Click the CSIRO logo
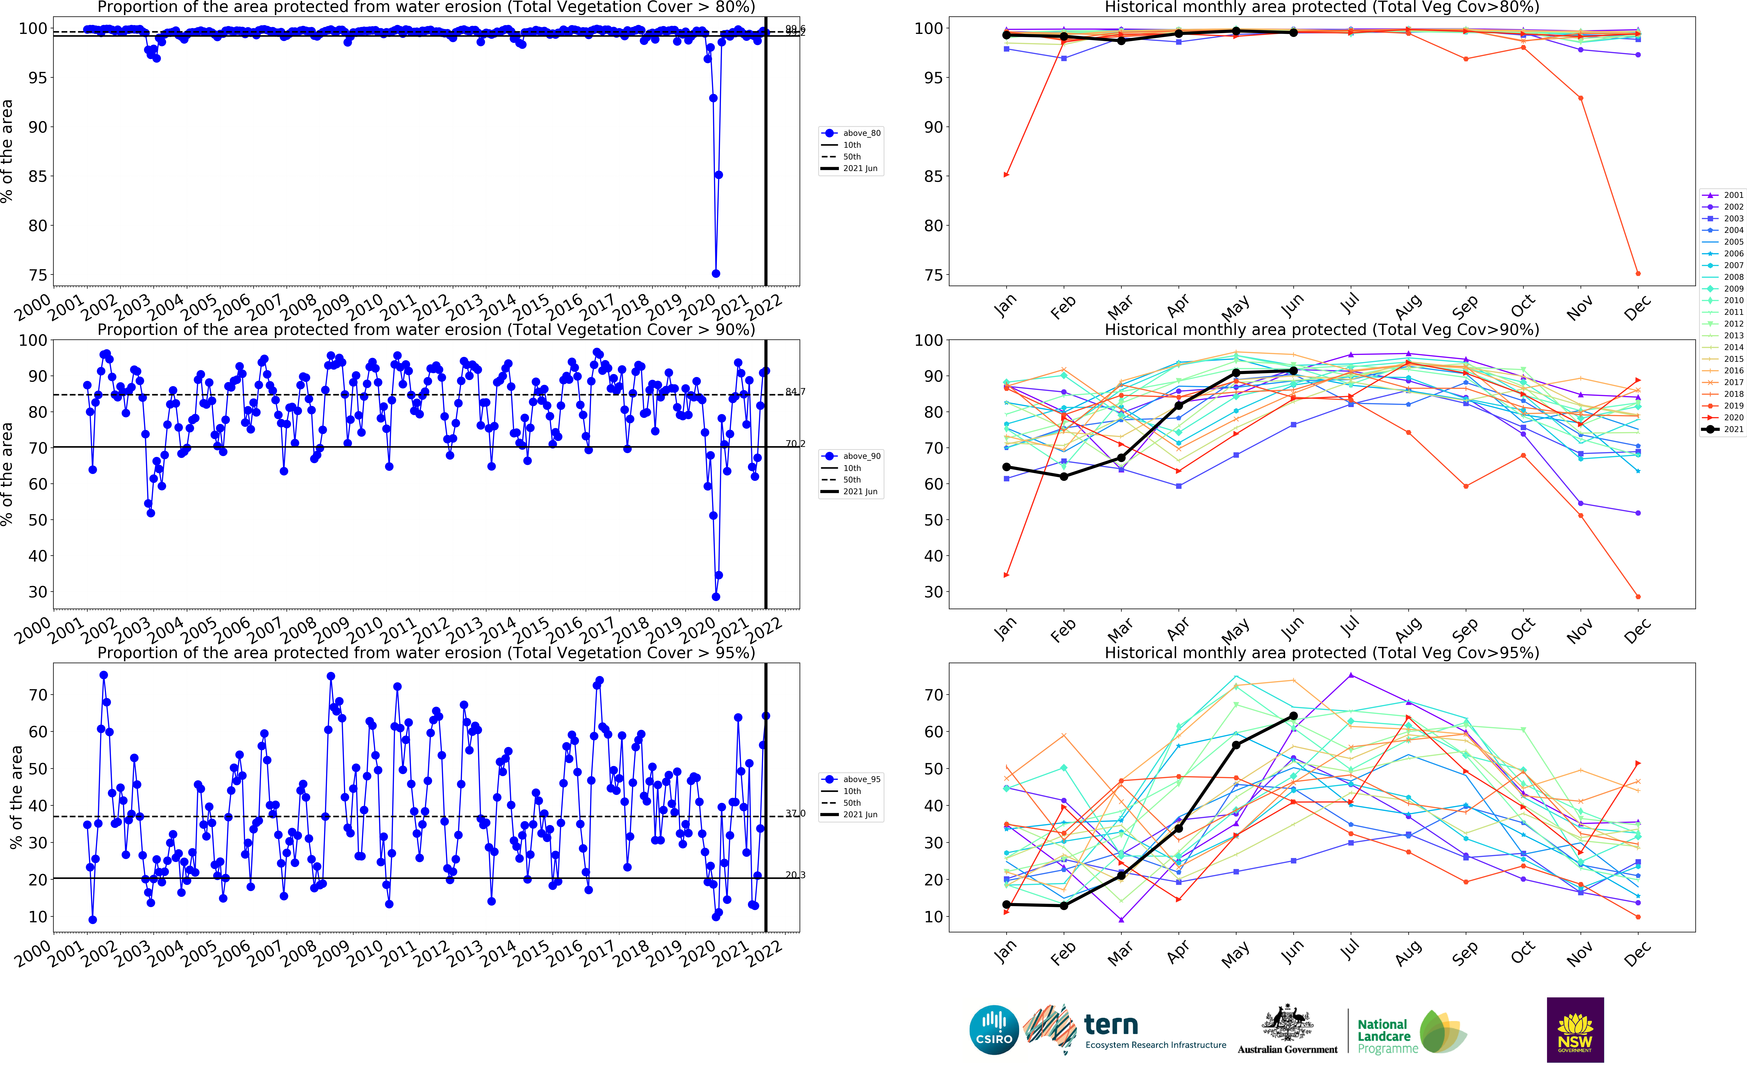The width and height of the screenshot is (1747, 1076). pyautogui.click(x=994, y=1030)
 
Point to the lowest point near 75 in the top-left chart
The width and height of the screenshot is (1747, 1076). pyautogui.click(x=716, y=273)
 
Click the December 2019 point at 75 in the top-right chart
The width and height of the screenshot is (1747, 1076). pyautogui.click(x=1637, y=273)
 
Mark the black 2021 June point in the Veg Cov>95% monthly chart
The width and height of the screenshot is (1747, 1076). pyautogui.click(x=1293, y=716)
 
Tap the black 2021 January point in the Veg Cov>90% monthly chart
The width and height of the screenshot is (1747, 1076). pyautogui.click(x=1006, y=467)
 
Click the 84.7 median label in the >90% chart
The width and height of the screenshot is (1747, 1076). pyautogui.click(x=795, y=391)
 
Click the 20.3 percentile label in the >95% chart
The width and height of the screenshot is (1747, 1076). pyautogui.click(x=795, y=875)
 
